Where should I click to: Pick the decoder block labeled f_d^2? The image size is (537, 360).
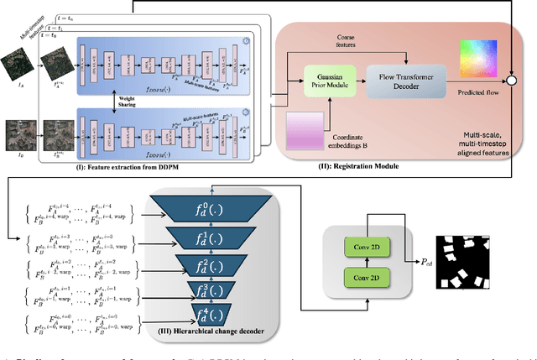pos(214,268)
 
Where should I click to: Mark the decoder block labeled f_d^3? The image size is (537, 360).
pos(214,295)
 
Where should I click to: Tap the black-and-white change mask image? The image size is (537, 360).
pos(465,263)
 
